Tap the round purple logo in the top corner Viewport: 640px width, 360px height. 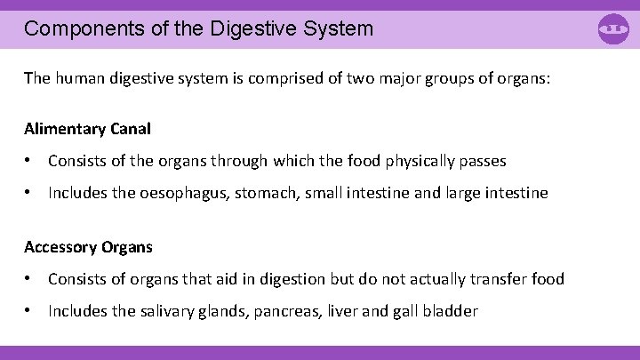[x=614, y=29]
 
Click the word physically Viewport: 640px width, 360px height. [x=416, y=161]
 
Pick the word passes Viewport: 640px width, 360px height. [x=481, y=161]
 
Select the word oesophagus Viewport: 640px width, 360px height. [x=186, y=193]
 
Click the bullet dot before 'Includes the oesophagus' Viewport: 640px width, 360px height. [x=29, y=193]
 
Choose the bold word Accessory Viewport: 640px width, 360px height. [x=60, y=247]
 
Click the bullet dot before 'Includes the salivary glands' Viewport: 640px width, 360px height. [x=29, y=311]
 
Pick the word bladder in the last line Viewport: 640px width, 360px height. [x=451, y=311]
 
